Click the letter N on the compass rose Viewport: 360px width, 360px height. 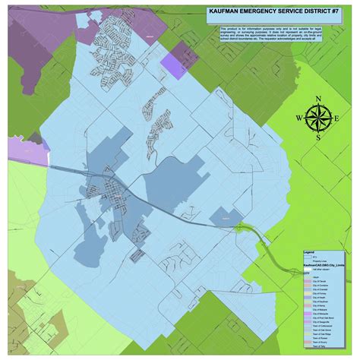pyautogui.click(x=320, y=99)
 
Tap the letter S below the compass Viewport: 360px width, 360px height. pyautogui.click(x=320, y=137)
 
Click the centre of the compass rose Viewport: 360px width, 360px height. pyautogui.click(x=320, y=118)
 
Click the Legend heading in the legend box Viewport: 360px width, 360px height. pyautogui.click(x=309, y=252)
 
